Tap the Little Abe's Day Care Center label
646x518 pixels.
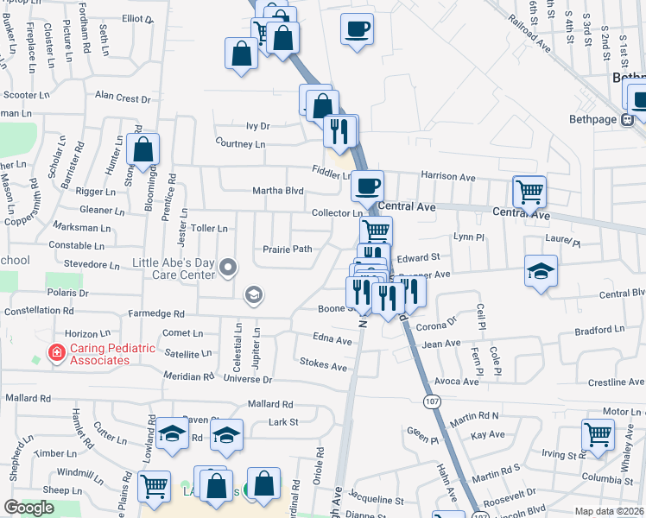[x=173, y=268]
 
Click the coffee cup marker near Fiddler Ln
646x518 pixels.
[x=368, y=185]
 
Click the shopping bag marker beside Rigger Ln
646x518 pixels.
[x=143, y=148]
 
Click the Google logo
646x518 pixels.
[x=28, y=508]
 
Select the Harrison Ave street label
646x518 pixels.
[x=448, y=177]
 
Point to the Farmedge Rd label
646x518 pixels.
[x=155, y=313]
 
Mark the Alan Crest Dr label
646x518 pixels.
[x=123, y=97]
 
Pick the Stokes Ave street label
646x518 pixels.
[x=324, y=366]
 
